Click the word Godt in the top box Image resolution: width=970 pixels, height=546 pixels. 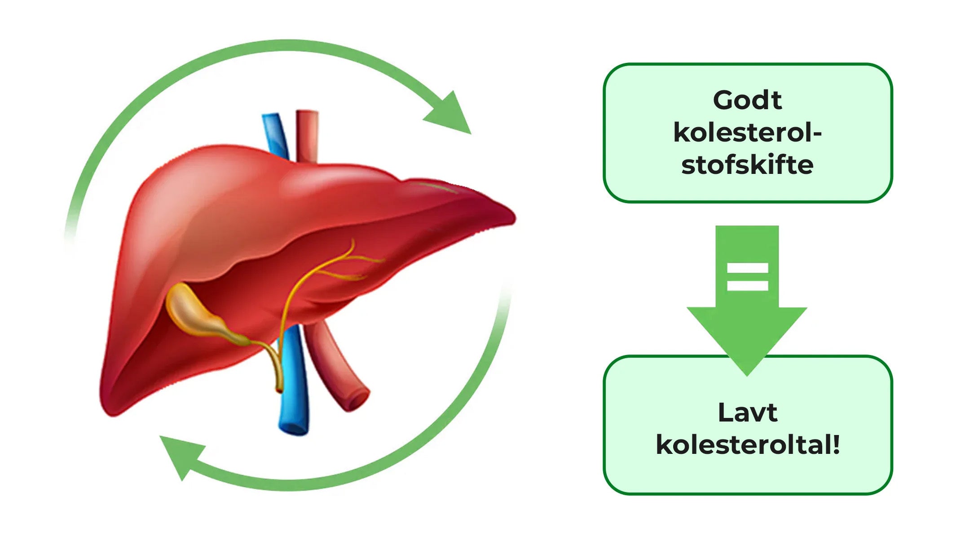click(x=747, y=100)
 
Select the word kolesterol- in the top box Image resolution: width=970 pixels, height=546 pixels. click(x=747, y=133)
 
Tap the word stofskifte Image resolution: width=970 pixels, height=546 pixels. click(x=747, y=165)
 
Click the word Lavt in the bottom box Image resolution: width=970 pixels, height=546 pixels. click(x=747, y=413)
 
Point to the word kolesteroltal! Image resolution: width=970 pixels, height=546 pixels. click(x=747, y=445)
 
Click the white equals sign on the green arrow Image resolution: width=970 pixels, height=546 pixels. click(x=747, y=277)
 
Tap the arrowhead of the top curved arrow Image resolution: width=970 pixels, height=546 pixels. click(x=451, y=115)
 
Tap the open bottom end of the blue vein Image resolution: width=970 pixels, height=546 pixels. click(x=294, y=427)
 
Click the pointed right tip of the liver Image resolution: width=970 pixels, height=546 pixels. click(x=512, y=218)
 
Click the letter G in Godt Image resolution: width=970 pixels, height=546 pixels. click(x=723, y=100)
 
